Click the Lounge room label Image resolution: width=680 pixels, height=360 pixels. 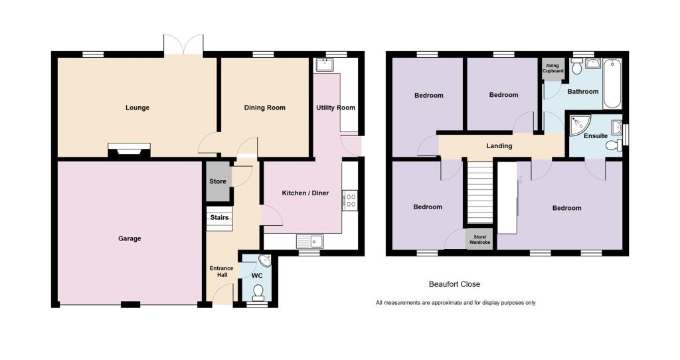(x=137, y=108)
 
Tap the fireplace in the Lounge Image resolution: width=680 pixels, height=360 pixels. (x=129, y=151)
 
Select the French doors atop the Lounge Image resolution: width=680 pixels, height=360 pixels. (x=183, y=45)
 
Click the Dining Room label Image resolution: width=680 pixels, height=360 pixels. (x=264, y=108)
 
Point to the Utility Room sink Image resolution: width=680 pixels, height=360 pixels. (x=325, y=65)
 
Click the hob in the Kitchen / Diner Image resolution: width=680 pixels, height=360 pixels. (x=349, y=199)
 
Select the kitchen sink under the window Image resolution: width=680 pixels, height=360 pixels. (x=309, y=240)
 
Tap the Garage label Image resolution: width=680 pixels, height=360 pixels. (x=129, y=238)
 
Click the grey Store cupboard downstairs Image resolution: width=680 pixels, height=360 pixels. (x=217, y=181)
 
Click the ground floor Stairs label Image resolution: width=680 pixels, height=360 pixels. (x=219, y=217)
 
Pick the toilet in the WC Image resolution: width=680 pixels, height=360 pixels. (x=258, y=292)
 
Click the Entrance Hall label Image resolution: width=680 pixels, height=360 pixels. (x=221, y=272)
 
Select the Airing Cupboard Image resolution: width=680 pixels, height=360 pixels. (x=554, y=68)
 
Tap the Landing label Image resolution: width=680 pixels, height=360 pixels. (x=499, y=146)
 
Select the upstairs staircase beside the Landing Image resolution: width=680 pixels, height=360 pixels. (x=479, y=193)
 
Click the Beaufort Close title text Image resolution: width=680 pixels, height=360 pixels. (x=454, y=284)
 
